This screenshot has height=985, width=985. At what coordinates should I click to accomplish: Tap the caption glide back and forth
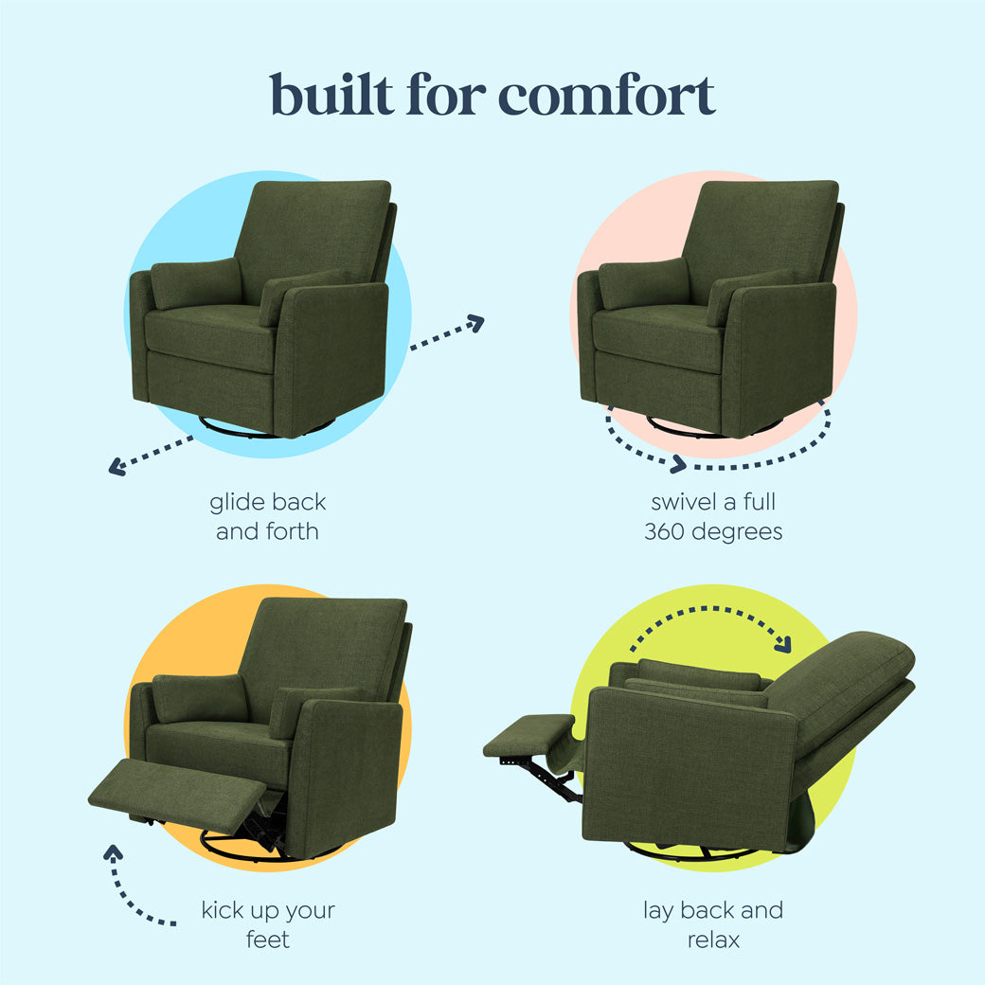click(267, 516)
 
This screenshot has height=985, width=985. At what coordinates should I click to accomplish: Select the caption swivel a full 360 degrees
click(713, 516)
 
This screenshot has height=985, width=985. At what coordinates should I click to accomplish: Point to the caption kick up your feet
click(267, 924)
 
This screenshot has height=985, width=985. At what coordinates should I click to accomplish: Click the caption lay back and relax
click(713, 924)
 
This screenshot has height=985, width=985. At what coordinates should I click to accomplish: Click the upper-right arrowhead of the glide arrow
click(475, 323)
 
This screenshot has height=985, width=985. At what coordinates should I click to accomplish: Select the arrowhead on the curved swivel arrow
click(677, 464)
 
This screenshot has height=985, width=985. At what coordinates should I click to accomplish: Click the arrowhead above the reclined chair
click(782, 643)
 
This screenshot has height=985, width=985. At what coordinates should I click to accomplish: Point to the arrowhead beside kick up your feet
click(114, 851)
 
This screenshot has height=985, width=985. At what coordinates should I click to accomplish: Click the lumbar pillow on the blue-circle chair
click(196, 283)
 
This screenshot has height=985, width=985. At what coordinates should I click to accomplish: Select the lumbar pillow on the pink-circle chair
click(643, 283)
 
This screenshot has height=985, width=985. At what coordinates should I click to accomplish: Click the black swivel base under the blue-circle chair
click(242, 431)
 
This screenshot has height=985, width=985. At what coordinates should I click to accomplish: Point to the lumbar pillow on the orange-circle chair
click(200, 698)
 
